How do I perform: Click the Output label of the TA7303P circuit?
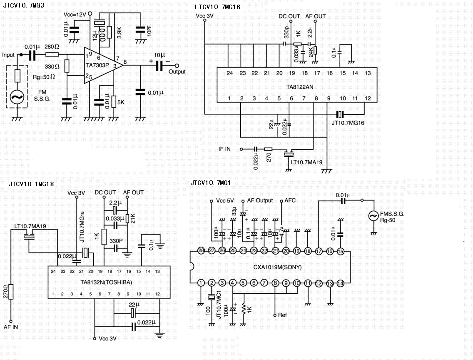click(x=177, y=72)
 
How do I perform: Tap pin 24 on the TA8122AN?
click(x=229, y=73)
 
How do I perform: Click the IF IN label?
click(x=224, y=149)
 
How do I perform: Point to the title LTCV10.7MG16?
click(x=217, y=7)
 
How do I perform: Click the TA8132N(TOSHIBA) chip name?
click(x=106, y=282)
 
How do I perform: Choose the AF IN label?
click(x=11, y=327)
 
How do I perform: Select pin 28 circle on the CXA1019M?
click(x=201, y=251)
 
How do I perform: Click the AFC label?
click(x=290, y=200)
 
